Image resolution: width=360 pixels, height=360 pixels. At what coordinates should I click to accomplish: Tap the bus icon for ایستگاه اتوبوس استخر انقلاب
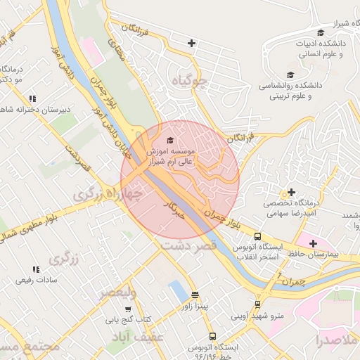click(257, 237)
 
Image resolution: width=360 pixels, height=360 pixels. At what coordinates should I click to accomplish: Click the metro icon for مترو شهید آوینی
click(257, 304)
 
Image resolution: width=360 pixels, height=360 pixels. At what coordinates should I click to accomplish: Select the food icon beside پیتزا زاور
click(195, 295)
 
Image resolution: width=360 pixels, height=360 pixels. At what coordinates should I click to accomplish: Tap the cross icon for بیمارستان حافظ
click(313, 243)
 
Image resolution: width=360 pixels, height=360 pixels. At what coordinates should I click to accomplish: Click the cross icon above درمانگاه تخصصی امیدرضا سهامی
click(291, 192)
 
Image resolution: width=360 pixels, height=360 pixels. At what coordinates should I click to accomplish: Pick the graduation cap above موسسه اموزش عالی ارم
click(168, 141)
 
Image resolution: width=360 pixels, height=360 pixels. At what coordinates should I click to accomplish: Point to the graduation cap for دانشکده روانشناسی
click(290, 75)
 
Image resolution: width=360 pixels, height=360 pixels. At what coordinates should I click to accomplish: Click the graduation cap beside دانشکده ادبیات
click(321, 32)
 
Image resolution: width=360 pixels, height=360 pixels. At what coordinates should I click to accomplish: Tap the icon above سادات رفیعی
click(35, 269)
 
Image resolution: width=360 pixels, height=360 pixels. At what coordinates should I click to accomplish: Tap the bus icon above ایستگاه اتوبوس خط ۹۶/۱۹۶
click(212, 337)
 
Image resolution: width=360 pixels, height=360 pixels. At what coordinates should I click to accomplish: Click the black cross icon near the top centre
click(191, 44)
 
